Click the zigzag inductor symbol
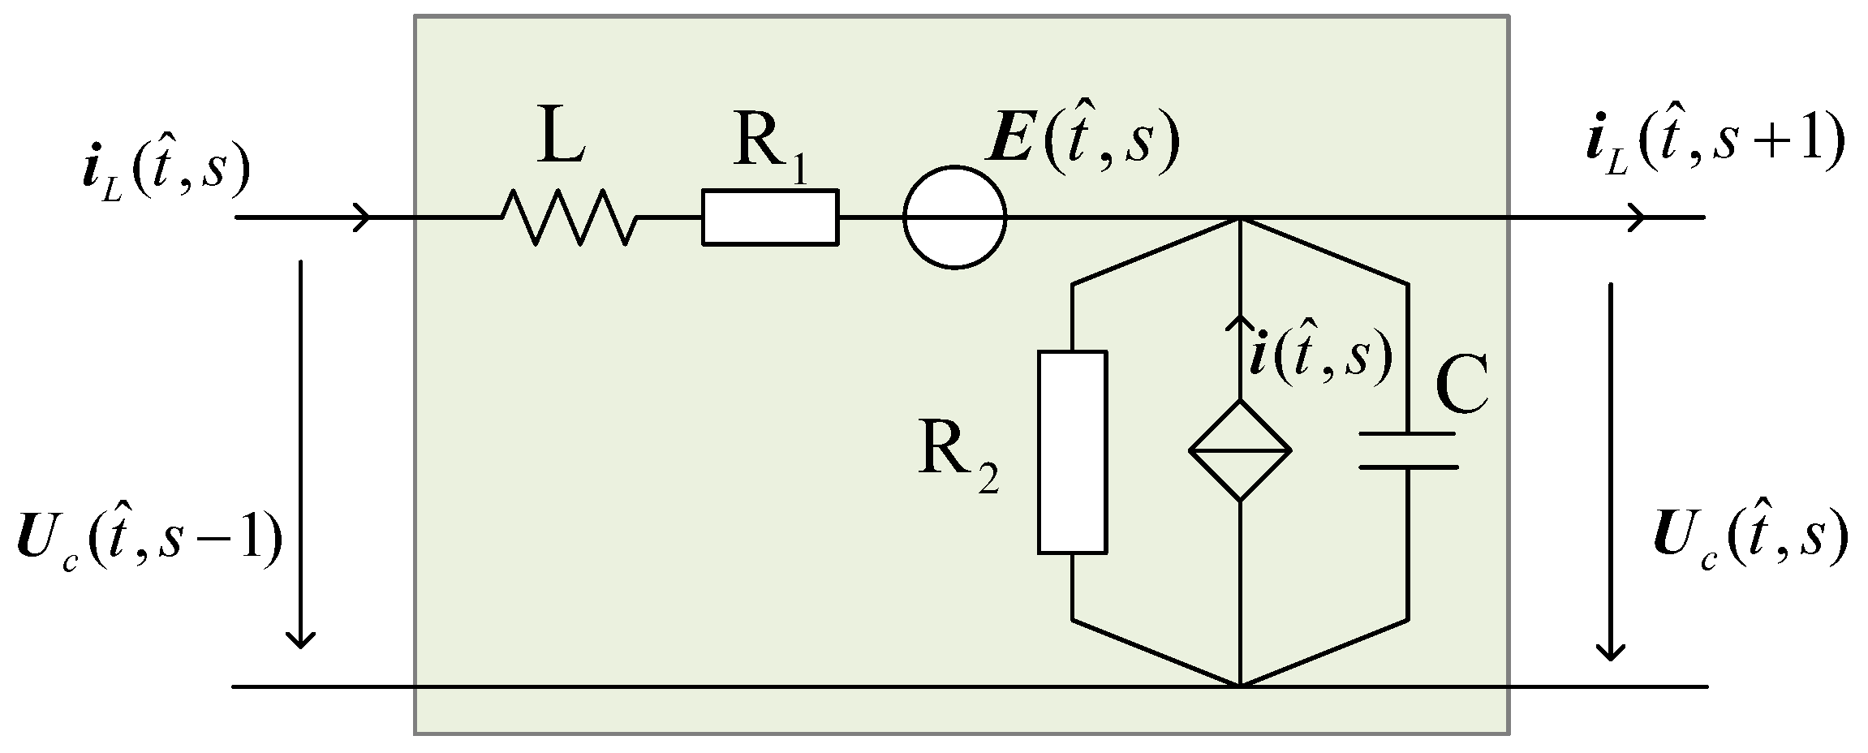pos(568,217)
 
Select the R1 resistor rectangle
pos(769,217)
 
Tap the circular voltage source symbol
pos(954,217)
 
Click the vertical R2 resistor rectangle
pos(1072,452)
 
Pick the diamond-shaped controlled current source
pos(1240,450)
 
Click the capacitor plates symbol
pos(1408,450)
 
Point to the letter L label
pos(561,143)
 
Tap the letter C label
pos(1461,385)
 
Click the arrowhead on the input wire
pos(362,217)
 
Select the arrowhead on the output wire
pos(1636,217)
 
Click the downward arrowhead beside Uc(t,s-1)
pos(302,638)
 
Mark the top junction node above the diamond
pos(1240,217)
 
